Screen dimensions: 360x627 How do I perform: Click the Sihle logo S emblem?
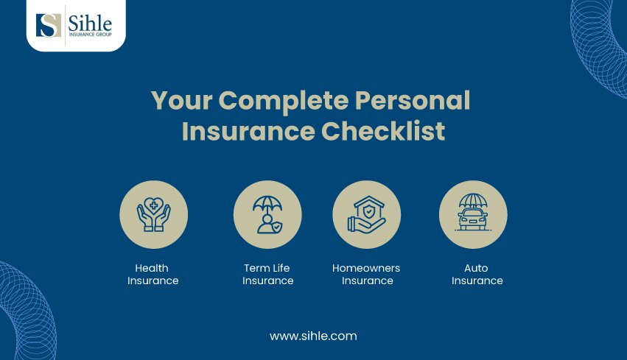click(x=49, y=25)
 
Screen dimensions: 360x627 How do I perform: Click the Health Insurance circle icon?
click(x=153, y=215)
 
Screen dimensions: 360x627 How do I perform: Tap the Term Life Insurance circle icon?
click(x=267, y=215)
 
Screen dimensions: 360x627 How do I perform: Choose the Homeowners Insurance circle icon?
click(x=366, y=215)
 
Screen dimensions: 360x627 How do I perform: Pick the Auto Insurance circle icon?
click(x=473, y=215)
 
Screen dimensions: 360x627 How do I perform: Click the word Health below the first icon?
click(x=152, y=268)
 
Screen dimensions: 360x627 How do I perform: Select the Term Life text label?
click(x=267, y=268)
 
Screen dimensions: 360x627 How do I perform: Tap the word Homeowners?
click(x=366, y=268)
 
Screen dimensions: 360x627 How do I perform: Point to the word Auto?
click(x=476, y=268)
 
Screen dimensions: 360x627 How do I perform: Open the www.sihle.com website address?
click(x=313, y=336)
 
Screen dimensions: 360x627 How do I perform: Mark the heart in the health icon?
click(x=153, y=205)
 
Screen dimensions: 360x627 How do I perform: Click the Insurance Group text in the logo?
click(x=90, y=35)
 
